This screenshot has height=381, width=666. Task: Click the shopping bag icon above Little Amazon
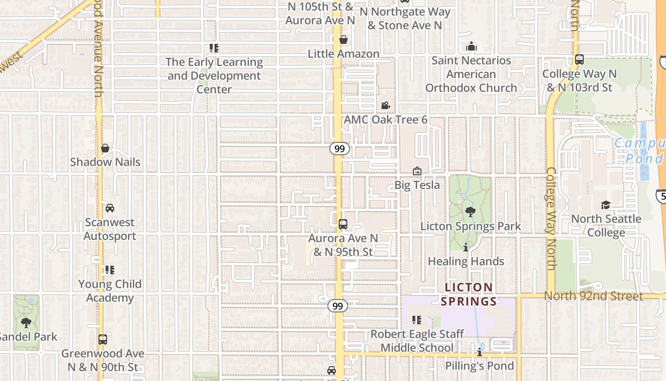coord(343,39)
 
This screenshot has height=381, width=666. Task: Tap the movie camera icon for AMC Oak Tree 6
coord(385,105)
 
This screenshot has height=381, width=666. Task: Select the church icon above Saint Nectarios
coord(471,46)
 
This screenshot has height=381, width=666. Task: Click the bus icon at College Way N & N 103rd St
coord(579,60)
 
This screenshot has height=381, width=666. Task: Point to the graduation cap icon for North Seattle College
coord(606,205)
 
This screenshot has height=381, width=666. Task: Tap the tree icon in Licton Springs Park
coord(470,212)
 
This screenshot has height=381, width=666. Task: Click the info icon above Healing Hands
coord(466,247)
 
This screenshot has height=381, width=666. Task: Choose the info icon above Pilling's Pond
coord(480,352)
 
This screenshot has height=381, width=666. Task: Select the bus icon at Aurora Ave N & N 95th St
coord(343,224)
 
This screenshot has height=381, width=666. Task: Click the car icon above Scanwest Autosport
coord(110,208)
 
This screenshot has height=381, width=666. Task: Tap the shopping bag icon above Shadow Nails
coord(105,148)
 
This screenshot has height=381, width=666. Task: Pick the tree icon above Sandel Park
coord(26,322)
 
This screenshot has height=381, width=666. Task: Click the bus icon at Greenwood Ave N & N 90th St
coord(103,340)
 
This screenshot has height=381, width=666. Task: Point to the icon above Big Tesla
coord(417,171)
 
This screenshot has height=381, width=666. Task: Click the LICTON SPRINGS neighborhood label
coord(469,294)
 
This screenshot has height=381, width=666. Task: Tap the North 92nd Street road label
coord(593,296)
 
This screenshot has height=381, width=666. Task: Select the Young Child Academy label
coord(110,291)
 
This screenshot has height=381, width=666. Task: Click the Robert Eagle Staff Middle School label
coord(417,341)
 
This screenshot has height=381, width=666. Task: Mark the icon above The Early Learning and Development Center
coord(214,48)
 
